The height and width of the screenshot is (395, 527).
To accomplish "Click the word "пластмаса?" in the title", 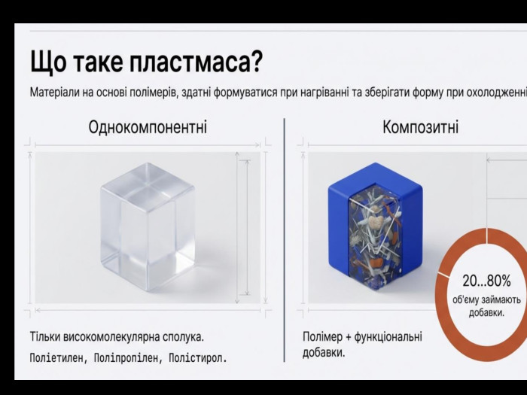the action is (195, 62).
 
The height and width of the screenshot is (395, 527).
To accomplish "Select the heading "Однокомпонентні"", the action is (148, 127).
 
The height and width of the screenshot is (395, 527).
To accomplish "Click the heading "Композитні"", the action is (420, 127).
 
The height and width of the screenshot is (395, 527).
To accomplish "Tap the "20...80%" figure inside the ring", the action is (486, 281).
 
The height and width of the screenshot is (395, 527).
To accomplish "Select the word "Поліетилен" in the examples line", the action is (56, 358).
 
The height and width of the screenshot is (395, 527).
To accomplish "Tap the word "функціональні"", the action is (388, 336).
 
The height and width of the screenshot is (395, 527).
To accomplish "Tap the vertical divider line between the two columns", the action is (285, 240).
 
